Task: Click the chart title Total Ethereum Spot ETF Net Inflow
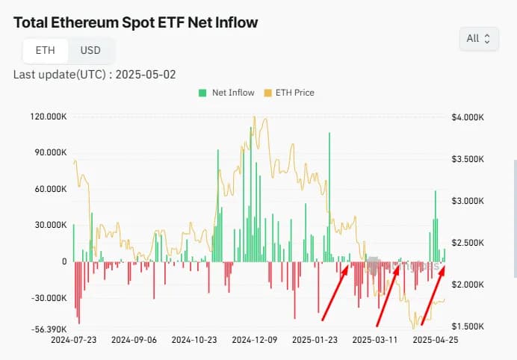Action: (136, 22)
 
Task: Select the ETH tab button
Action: (45, 51)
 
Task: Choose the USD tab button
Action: (90, 51)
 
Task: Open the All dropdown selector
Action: (478, 38)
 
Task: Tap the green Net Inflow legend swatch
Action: (202, 93)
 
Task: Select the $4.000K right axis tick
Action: (468, 117)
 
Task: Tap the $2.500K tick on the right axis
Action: (468, 243)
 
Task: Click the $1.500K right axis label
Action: (468, 327)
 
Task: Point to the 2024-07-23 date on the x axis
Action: (74, 339)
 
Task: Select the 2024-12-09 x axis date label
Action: (254, 339)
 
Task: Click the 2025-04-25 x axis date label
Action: (435, 339)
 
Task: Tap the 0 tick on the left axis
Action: (64, 261)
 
